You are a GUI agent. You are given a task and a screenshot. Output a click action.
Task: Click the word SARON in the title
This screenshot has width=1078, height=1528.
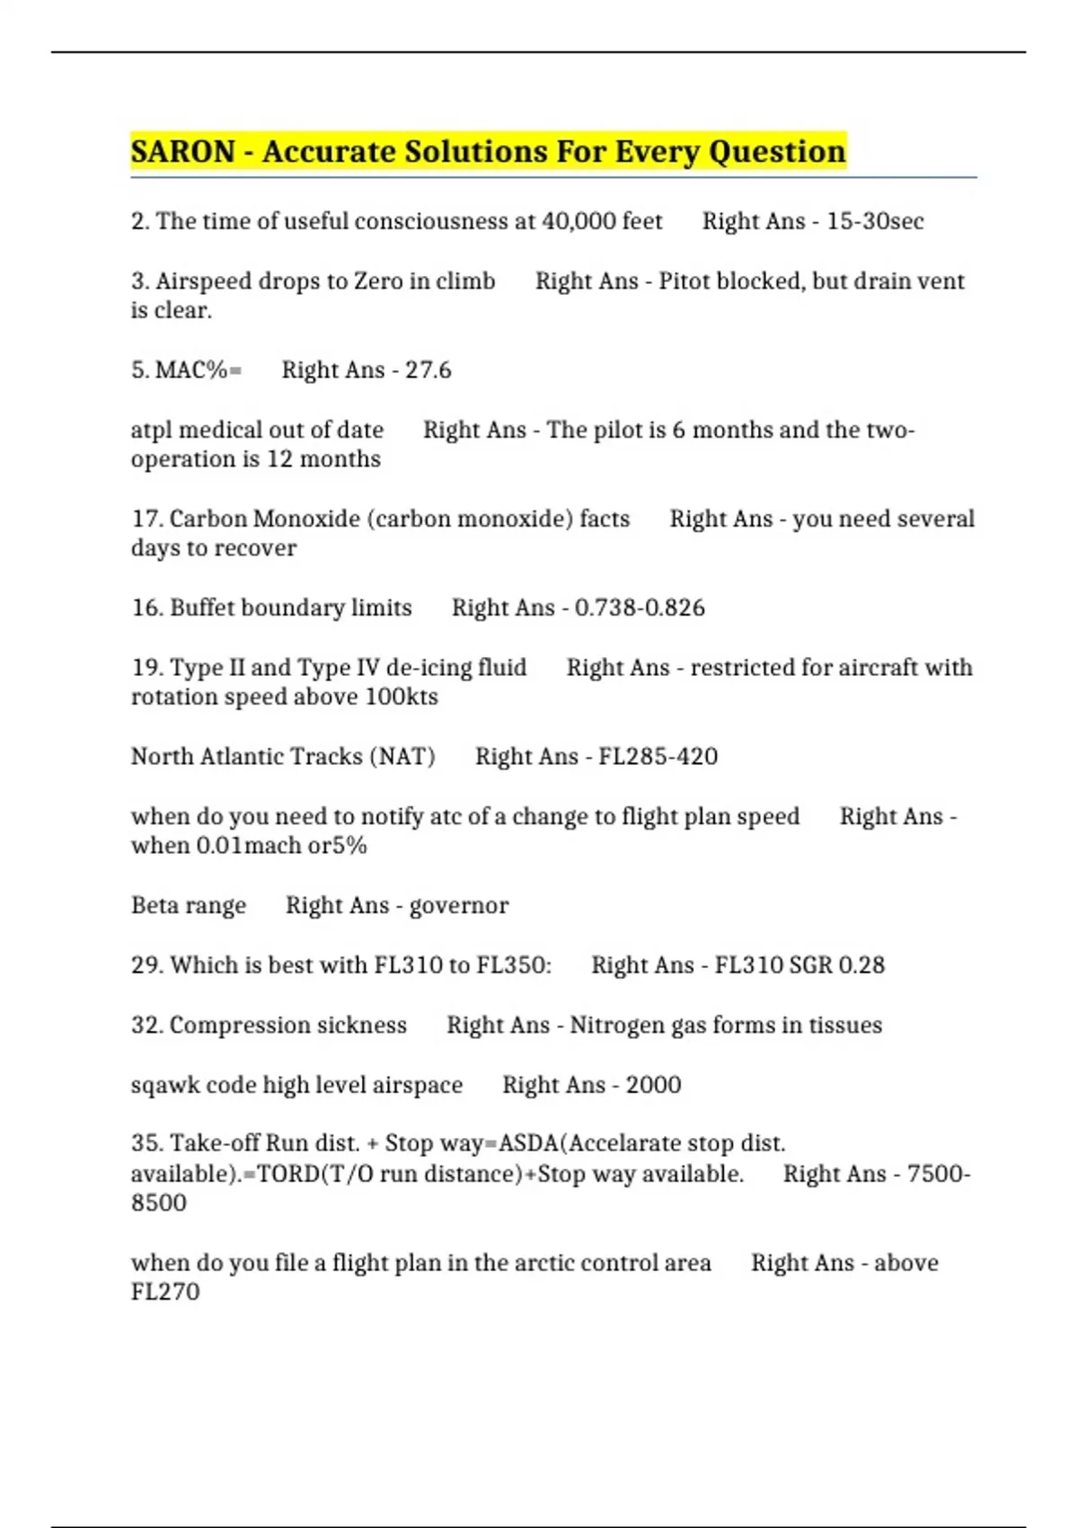183,152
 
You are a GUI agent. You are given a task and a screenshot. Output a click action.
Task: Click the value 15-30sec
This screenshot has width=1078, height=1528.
875,221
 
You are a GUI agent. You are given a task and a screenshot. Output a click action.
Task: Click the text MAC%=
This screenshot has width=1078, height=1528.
199,370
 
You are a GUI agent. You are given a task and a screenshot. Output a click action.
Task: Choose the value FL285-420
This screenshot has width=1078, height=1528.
658,757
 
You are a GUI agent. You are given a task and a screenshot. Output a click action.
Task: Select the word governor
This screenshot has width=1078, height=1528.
459,906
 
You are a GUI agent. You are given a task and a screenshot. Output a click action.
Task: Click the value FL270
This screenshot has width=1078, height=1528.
165,1293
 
